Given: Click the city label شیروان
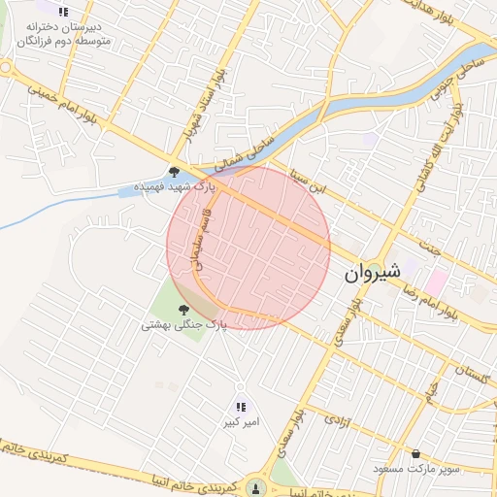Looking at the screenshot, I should pyautogui.click(x=371, y=275).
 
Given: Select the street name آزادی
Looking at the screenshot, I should pyautogui.click(x=333, y=420).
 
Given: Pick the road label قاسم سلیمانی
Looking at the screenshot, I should pyautogui.click(x=204, y=243).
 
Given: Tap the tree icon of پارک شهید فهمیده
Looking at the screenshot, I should pyautogui.click(x=174, y=171).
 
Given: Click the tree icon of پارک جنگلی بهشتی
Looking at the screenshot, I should pyautogui.click(x=182, y=310).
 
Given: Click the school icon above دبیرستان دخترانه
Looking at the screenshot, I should pyautogui.click(x=64, y=13).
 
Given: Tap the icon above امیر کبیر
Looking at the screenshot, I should pyautogui.click(x=241, y=407).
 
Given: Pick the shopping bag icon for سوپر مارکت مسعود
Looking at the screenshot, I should pyautogui.click(x=416, y=453).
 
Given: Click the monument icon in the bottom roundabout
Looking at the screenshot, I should pyautogui.click(x=255, y=486).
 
